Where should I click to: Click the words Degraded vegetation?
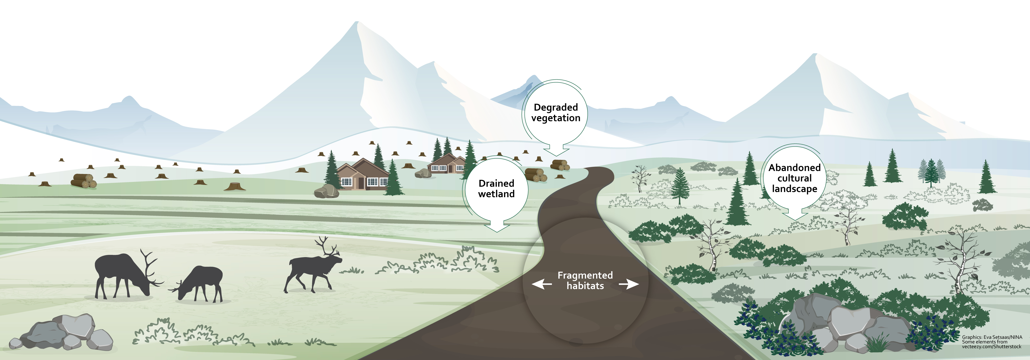coord(556,112)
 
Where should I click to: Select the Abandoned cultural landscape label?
coord(794,178)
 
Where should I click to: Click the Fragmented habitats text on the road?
coord(585,280)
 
